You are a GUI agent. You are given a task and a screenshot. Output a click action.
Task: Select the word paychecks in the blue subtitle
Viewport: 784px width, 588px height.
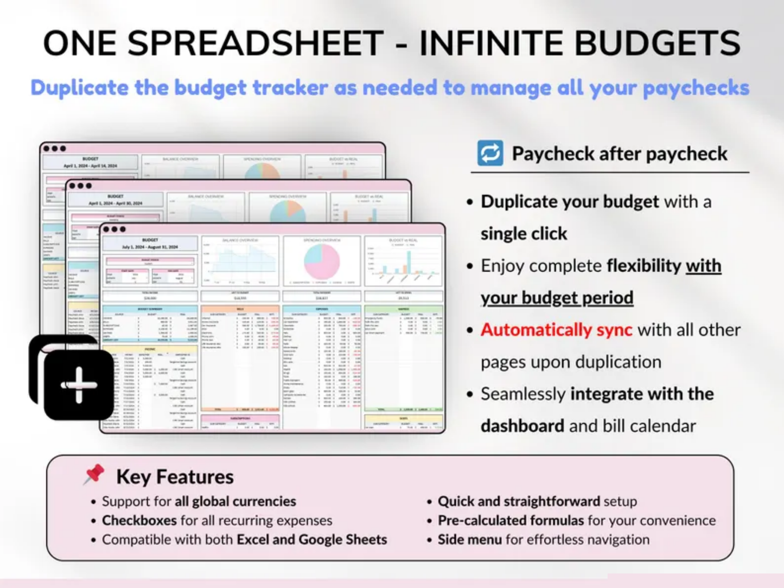click(x=696, y=88)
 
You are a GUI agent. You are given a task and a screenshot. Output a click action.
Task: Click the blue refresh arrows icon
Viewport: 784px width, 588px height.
click(x=490, y=154)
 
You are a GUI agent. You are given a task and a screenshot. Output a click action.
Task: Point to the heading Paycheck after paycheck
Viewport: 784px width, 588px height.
click(x=619, y=154)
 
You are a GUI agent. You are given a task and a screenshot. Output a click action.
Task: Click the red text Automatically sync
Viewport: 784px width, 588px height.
click(x=556, y=330)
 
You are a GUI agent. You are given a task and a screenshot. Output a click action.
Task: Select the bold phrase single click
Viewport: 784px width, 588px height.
click(x=524, y=234)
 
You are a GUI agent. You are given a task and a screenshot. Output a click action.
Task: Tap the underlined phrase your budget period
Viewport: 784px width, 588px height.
click(x=557, y=298)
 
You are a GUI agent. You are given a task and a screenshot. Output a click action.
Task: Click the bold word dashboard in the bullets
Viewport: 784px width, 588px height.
click(x=522, y=426)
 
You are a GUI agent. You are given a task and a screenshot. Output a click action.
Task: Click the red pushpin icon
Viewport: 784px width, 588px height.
click(x=94, y=474)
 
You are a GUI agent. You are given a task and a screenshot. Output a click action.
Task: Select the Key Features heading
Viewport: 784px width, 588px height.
click(x=175, y=477)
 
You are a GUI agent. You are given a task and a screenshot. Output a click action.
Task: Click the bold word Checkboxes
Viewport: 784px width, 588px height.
click(x=139, y=521)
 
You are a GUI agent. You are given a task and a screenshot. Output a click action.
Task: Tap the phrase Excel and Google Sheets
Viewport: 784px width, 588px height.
click(x=312, y=540)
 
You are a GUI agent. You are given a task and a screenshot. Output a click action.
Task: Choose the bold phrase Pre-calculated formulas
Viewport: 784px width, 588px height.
click(x=510, y=521)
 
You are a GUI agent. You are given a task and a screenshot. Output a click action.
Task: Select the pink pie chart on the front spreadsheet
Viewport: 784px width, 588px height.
click(x=321, y=261)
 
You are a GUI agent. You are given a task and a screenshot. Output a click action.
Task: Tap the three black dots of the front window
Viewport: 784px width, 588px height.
click(x=114, y=229)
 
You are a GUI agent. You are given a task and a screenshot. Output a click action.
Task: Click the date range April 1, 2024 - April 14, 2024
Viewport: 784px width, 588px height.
click(x=90, y=165)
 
